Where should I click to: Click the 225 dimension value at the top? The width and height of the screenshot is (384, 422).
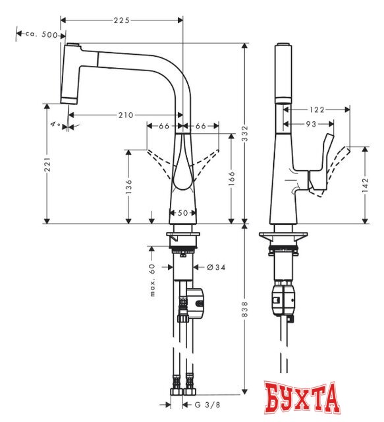pyautogui.click(x=121, y=20)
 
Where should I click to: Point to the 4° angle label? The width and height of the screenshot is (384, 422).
pyautogui.click(x=54, y=124)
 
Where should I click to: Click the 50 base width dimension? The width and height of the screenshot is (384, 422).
pyautogui.click(x=182, y=213)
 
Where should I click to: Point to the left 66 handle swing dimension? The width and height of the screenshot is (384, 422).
pyautogui.click(x=163, y=125)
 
